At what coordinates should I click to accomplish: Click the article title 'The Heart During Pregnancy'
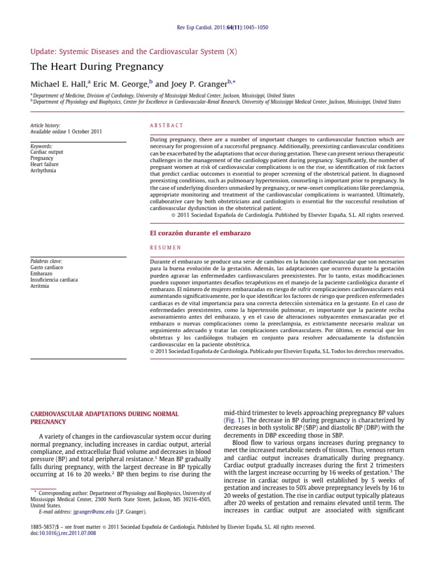(96, 67)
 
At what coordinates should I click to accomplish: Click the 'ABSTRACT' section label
(166, 126)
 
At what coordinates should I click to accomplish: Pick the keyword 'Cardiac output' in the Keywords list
(47, 152)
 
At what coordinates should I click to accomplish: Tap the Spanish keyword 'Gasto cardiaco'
(47, 268)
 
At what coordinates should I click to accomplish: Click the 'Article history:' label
(45, 126)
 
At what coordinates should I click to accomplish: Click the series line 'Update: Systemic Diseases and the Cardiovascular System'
(133, 51)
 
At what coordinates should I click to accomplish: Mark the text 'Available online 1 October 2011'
(66, 132)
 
